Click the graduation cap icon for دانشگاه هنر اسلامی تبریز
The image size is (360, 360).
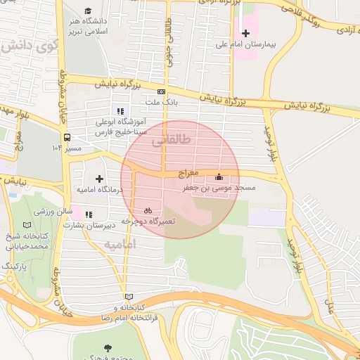pos(88,11)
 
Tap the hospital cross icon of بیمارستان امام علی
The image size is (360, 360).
pos(245,33)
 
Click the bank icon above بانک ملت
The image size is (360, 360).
pos(161,91)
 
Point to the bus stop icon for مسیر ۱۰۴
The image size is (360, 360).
pos(67,138)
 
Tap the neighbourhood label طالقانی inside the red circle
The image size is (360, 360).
pos(175,140)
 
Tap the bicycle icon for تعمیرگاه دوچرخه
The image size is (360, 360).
pos(148,210)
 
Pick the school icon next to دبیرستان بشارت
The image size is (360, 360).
pos(88,215)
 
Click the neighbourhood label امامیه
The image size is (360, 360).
pos(119,243)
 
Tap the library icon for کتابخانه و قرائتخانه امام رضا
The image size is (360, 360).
pos(127,297)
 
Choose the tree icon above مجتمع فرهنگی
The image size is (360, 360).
pos(107,348)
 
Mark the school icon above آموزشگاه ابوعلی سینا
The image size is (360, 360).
pos(120,110)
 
